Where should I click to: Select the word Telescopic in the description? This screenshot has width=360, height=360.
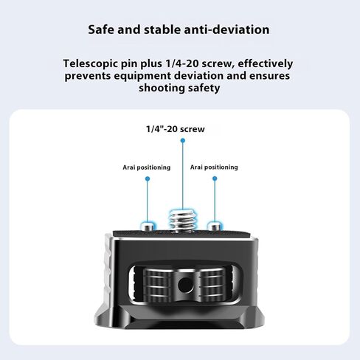(90, 64)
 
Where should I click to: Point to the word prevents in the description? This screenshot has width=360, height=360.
(88, 76)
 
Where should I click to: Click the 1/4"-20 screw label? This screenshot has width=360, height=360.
(176, 129)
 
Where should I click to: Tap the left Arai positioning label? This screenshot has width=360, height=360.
(147, 167)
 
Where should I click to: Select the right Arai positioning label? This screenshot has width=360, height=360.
(214, 167)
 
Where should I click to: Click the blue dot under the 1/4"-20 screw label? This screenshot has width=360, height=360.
(183, 140)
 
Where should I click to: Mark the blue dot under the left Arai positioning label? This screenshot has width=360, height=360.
(148, 179)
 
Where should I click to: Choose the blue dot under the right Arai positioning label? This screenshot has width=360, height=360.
(215, 179)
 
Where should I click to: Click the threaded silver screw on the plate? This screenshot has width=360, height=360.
(182, 221)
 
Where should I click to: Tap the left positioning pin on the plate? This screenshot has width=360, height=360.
(148, 226)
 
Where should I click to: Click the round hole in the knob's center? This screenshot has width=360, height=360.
(185, 285)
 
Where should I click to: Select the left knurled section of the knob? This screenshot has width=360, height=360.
(157, 285)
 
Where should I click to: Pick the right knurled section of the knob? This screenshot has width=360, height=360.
(213, 285)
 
